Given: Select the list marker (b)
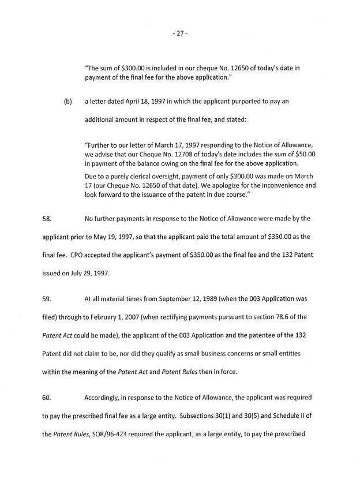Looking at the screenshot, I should [67, 101].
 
